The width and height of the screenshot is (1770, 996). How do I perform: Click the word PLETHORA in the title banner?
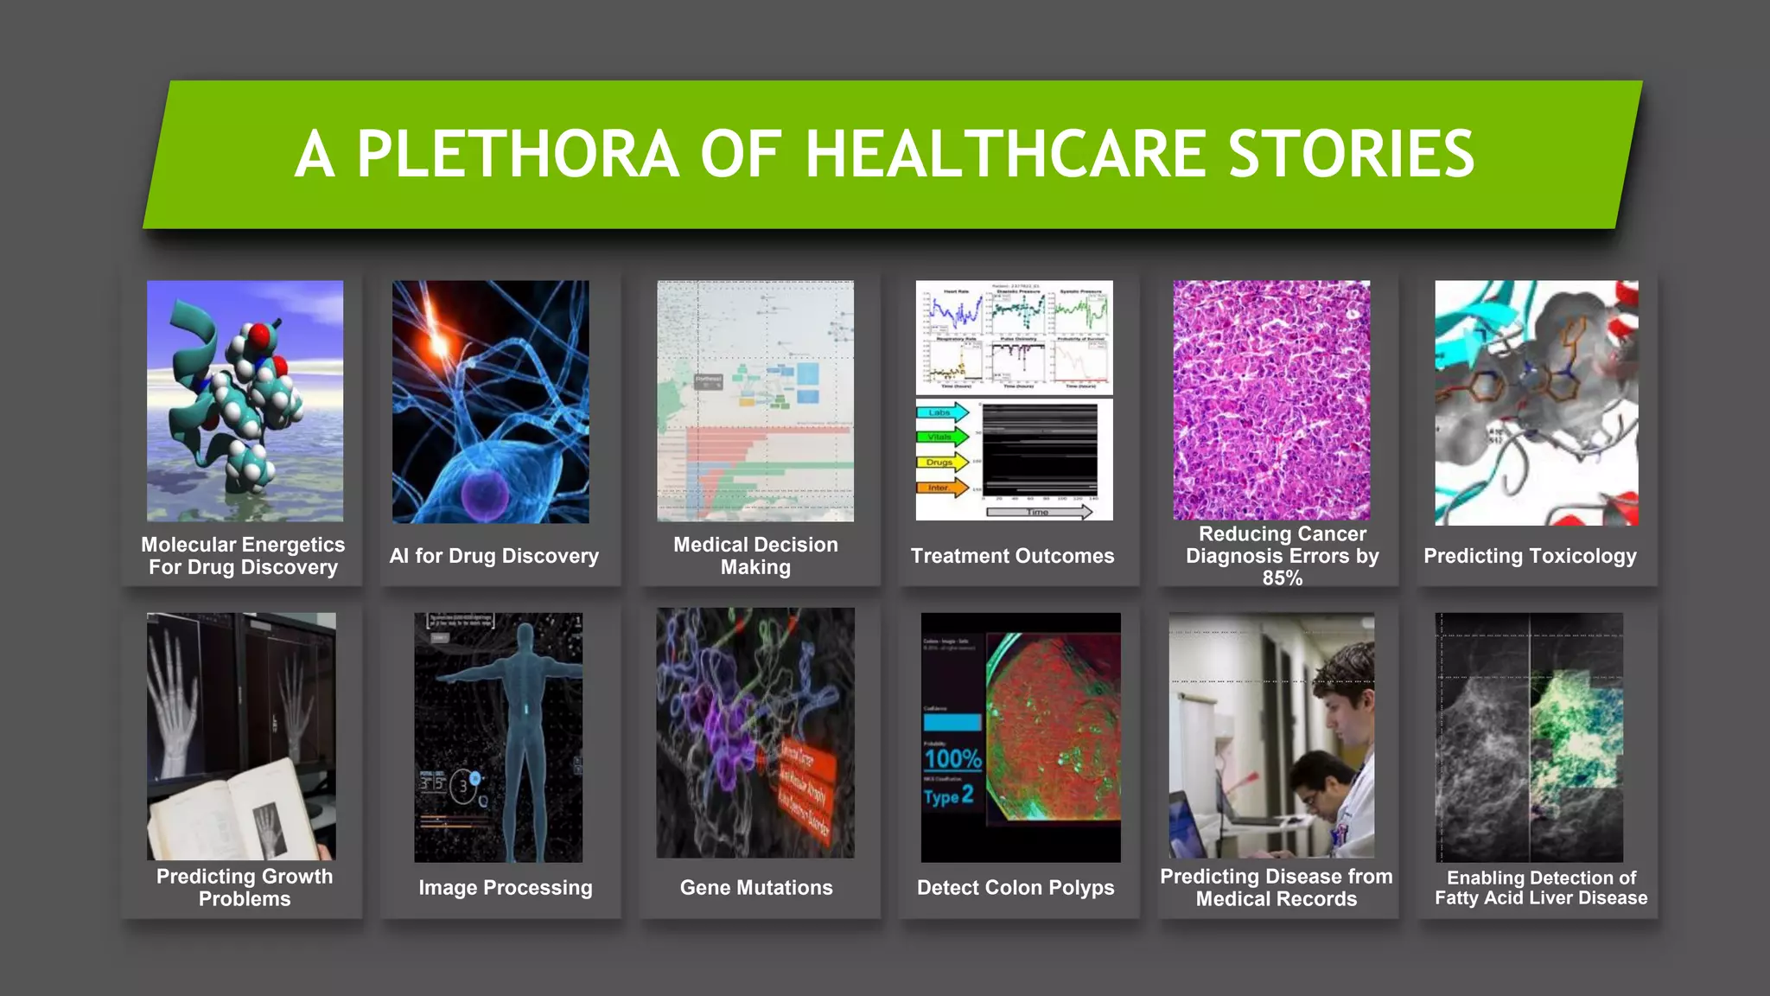point(518,154)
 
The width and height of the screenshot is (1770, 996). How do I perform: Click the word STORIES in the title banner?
point(1351,154)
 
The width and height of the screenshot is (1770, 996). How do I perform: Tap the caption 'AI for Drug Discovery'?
point(493,556)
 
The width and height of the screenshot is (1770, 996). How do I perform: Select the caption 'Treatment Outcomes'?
point(1012,556)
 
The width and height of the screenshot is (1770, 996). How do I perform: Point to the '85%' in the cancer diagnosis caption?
point(1282,578)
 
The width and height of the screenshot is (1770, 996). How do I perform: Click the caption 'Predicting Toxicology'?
point(1530,556)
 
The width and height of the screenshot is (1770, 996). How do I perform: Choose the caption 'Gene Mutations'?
point(756,887)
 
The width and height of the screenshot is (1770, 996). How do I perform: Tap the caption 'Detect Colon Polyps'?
point(1016,887)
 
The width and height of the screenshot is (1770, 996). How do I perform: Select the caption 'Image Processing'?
point(506,887)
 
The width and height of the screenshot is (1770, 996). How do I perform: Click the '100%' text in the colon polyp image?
point(952,759)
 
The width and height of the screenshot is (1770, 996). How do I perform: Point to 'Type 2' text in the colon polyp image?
point(948,795)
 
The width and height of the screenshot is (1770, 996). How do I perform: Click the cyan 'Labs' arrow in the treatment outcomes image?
point(941,412)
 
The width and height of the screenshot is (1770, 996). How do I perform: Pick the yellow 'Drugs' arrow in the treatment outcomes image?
point(941,462)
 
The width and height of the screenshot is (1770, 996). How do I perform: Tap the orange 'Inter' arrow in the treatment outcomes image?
point(941,488)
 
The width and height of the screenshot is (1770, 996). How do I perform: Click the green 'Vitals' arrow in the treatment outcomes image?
point(941,437)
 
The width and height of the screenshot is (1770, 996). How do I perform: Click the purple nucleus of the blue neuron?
point(484,492)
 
